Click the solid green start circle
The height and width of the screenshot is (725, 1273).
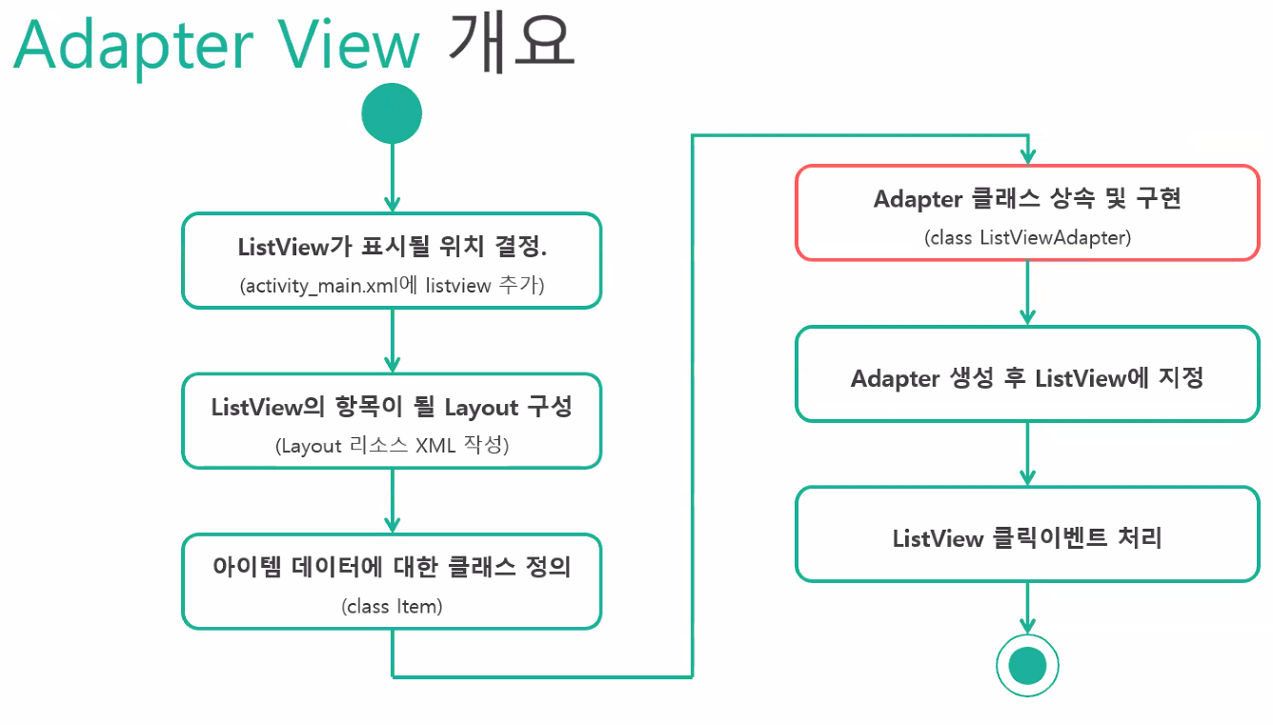tap(392, 113)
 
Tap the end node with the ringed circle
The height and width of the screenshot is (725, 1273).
tap(1027, 664)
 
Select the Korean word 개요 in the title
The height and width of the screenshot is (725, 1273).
tap(511, 42)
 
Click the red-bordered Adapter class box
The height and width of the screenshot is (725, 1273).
tap(1027, 212)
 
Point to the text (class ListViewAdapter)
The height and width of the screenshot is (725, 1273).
tap(1027, 237)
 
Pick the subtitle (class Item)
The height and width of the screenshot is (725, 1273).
tap(392, 606)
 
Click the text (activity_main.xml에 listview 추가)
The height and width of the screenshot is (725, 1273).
tap(392, 286)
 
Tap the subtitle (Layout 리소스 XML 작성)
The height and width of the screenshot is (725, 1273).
tap(392, 446)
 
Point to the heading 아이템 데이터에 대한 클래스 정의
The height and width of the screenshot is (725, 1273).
tap(392, 567)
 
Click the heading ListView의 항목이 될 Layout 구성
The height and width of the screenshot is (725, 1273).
tap(392, 407)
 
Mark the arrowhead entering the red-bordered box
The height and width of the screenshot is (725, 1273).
tap(1027, 155)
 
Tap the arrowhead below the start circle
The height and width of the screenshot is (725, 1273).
tap(392, 204)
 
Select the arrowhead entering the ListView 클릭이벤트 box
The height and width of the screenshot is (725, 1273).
tap(1027, 477)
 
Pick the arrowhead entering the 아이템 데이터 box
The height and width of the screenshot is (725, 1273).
tap(392, 524)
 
